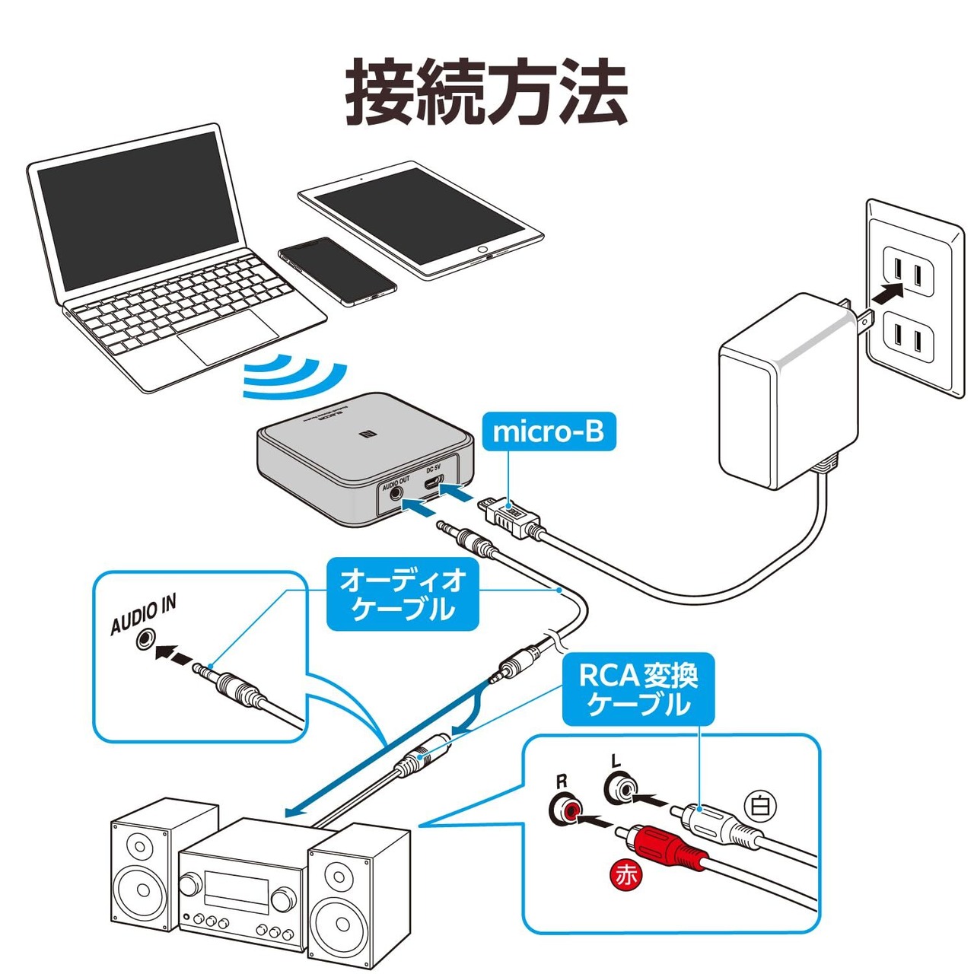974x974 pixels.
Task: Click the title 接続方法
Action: [x=487, y=93]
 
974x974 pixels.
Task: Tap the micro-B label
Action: [x=548, y=431]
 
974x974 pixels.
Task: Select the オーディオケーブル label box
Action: [x=403, y=595]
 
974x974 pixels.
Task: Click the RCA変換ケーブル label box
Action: [x=638, y=689]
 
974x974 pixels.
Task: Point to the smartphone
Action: [x=337, y=271]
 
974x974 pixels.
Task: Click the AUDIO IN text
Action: [x=143, y=615]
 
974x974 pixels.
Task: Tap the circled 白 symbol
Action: [x=759, y=805]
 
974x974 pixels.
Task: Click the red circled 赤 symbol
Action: [x=626, y=875]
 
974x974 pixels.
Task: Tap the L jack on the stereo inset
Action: [x=622, y=788]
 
